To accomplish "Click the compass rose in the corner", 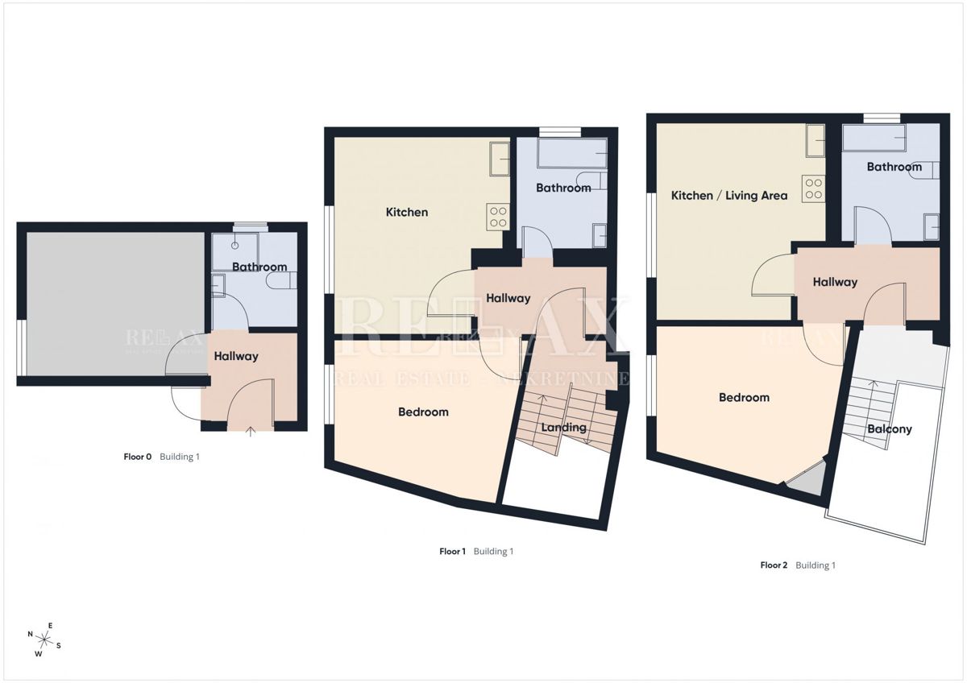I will [x=45, y=640].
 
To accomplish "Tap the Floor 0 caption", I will [x=161, y=457].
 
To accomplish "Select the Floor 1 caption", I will [x=475, y=552].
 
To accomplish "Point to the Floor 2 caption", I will [x=798, y=565].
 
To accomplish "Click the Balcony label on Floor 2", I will [x=890, y=429].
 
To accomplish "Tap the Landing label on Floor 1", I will [x=564, y=428].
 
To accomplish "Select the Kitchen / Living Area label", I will [x=729, y=196].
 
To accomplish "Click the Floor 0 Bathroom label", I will [x=259, y=267].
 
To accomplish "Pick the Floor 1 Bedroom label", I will [x=423, y=412].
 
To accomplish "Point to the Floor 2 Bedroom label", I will [x=744, y=398].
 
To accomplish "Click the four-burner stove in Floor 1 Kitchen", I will [x=497, y=217].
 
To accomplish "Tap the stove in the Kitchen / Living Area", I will [x=812, y=188].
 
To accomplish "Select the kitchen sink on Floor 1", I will [x=499, y=158].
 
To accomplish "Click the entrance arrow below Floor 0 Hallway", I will [x=251, y=432].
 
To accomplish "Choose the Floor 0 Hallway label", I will [x=236, y=356].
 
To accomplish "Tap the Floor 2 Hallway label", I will [x=834, y=283].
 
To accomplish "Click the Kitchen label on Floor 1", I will [x=407, y=213].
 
